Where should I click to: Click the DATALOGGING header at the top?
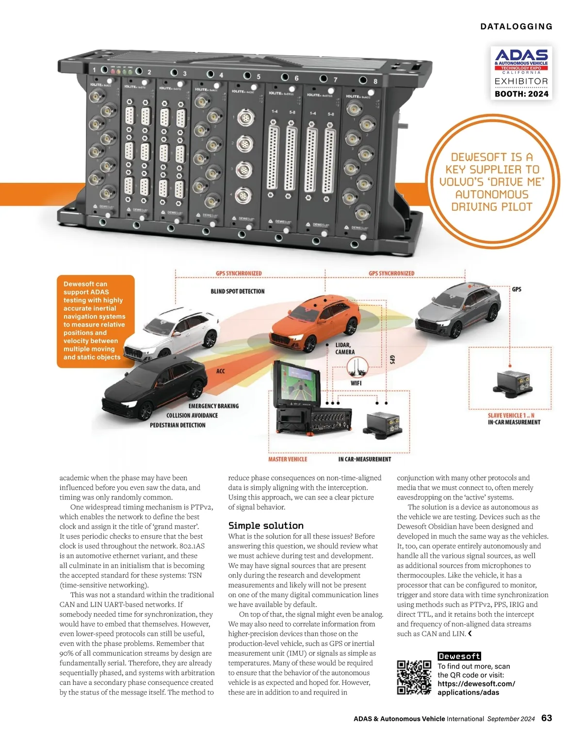point(516,27)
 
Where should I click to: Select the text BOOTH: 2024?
point(521,94)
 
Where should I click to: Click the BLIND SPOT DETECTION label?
point(238,292)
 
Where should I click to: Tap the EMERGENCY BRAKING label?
point(213,406)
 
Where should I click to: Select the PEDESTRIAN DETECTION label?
point(178,425)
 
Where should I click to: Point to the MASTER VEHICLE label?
point(288,459)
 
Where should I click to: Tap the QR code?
point(414,678)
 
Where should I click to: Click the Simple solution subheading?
point(266,526)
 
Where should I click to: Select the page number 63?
point(547,718)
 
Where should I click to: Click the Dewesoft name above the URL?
point(459,656)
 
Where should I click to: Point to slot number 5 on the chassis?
point(259,77)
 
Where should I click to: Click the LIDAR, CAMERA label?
point(345,348)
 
